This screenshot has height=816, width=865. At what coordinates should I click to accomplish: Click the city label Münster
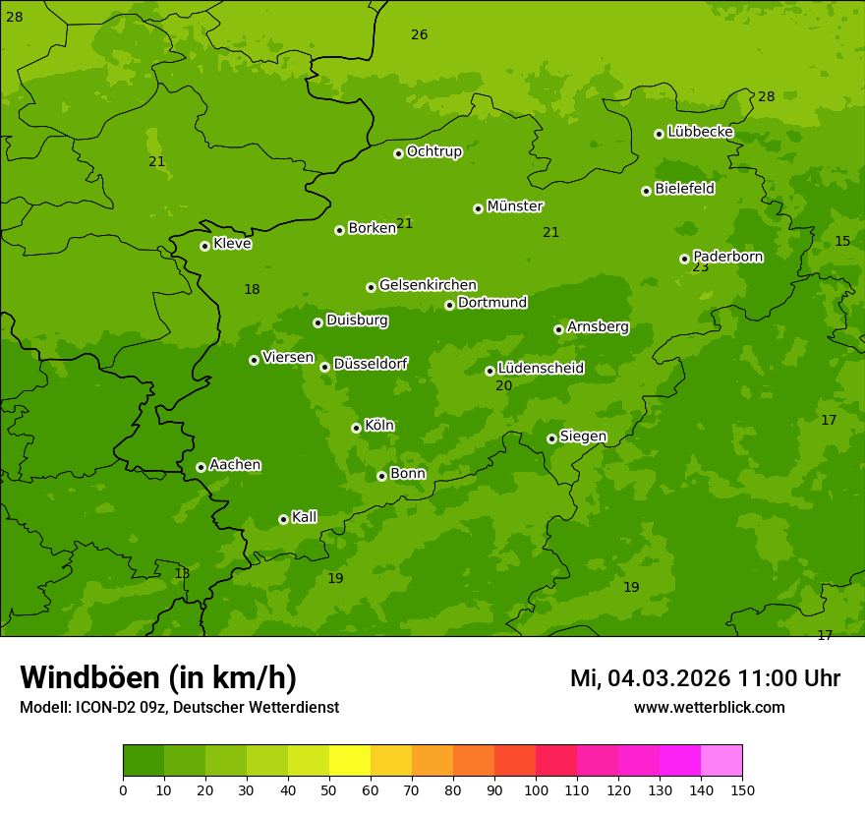[514, 206]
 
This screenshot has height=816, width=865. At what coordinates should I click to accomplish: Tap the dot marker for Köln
[356, 428]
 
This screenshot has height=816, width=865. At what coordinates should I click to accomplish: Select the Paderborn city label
[727, 257]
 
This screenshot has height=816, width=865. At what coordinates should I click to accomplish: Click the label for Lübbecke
[700, 132]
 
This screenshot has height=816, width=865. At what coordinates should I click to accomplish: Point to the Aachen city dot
[201, 467]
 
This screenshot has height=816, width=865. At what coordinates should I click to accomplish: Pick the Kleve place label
[232, 244]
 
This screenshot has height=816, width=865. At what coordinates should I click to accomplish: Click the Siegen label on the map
[583, 437]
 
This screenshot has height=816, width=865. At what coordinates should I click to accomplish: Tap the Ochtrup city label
[433, 151]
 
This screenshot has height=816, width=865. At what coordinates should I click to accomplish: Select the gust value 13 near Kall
[182, 573]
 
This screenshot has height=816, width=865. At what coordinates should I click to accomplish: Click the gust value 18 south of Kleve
[252, 289]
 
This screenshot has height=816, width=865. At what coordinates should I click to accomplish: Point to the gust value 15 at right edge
[842, 241]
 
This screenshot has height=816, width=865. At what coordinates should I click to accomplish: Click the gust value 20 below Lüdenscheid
[503, 386]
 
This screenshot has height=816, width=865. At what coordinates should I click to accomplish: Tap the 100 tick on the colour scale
[536, 789]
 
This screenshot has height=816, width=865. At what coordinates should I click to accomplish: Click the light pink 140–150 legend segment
[721, 761]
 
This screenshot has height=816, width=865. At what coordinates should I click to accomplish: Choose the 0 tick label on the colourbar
[123, 789]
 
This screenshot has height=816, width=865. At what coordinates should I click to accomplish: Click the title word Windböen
[89, 677]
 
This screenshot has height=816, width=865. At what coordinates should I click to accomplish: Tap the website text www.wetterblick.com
[709, 708]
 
